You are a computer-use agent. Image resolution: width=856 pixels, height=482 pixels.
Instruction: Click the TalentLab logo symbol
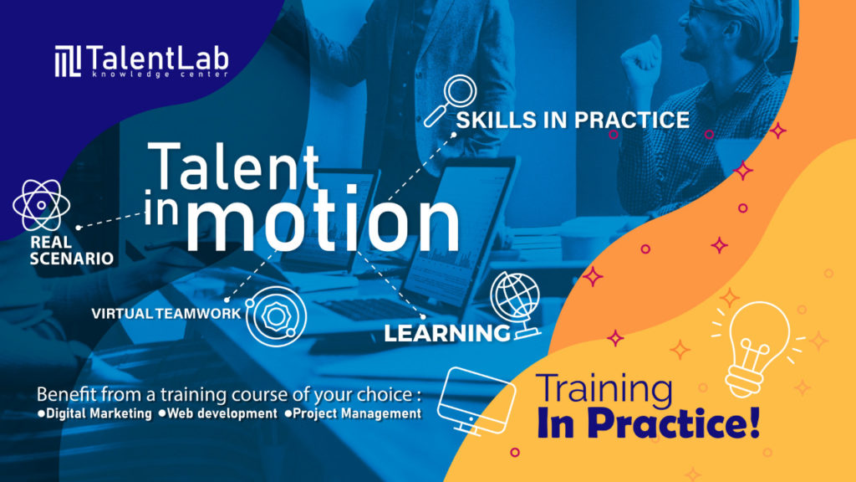pyautogui.click(x=68, y=60)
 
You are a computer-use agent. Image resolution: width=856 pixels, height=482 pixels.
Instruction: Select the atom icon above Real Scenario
pyautogui.click(x=42, y=206)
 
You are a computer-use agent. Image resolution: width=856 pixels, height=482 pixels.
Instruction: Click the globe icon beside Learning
pyautogui.click(x=515, y=306)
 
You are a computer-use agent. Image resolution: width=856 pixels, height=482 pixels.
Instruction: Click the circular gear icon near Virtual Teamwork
pyautogui.click(x=276, y=315)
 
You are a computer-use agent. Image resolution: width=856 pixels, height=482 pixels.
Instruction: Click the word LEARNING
pyautogui.click(x=447, y=333)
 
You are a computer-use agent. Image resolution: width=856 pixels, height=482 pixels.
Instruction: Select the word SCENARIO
pyautogui.click(x=72, y=258)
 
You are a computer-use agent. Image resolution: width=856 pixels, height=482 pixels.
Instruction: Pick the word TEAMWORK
pyautogui.click(x=198, y=314)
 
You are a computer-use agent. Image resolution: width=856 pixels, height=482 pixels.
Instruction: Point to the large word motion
pyautogui.click(x=323, y=221)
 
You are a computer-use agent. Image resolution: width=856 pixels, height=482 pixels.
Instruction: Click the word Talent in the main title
pyautogui.click(x=233, y=165)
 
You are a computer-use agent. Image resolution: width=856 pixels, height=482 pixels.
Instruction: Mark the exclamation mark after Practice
pyautogui.click(x=753, y=423)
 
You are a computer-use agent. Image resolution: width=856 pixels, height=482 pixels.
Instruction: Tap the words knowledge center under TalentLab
pyautogui.click(x=160, y=74)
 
